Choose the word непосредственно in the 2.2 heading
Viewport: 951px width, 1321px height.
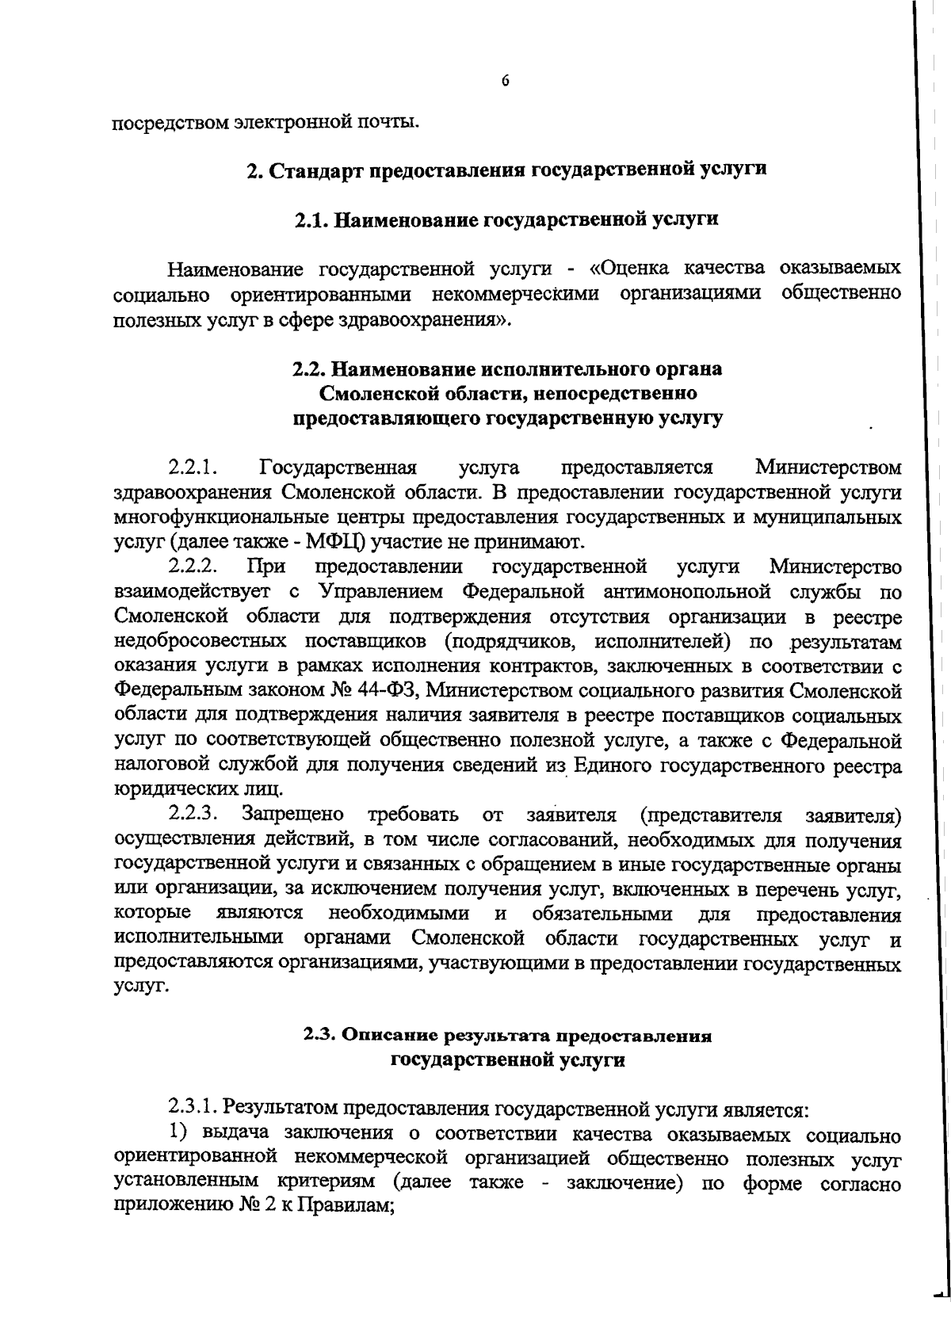click(630, 393)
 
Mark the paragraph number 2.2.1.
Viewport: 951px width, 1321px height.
click(192, 467)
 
